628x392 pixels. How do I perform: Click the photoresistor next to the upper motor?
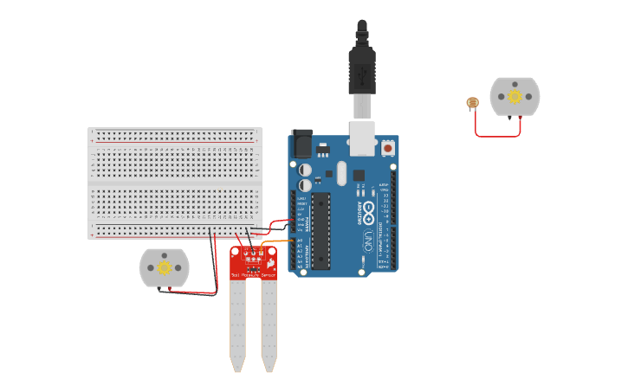pyautogui.click(x=472, y=103)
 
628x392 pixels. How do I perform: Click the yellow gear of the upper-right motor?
pyautogui.click(x=515, y=96)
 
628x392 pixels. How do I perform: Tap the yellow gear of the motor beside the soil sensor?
pyautogui.click(x=164, y=268)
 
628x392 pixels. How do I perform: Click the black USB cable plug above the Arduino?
pyautogui.click(x=361, y=65)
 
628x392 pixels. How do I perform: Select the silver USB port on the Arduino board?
pyautogui.click(x=362, y=138)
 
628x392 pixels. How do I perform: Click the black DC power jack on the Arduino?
pyautogui.click(x=301, y=143)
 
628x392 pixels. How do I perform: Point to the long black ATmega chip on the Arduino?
pyautogui.click(x=321, y=228)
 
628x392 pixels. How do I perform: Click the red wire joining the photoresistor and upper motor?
pyautogui.click(x=497, y=136)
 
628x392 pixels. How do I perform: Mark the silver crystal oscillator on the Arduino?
pyautogui.click(x=340, y=170)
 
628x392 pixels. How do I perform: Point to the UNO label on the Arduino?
pyautogui.click(x=369, y=237)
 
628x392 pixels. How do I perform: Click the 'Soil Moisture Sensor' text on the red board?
pyautogui.click(x=253, y=274)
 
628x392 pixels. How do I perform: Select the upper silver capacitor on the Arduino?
pyautogui.click(x=305, y=170)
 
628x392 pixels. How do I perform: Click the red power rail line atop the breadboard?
pyautogui.click(x=173, y=141)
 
